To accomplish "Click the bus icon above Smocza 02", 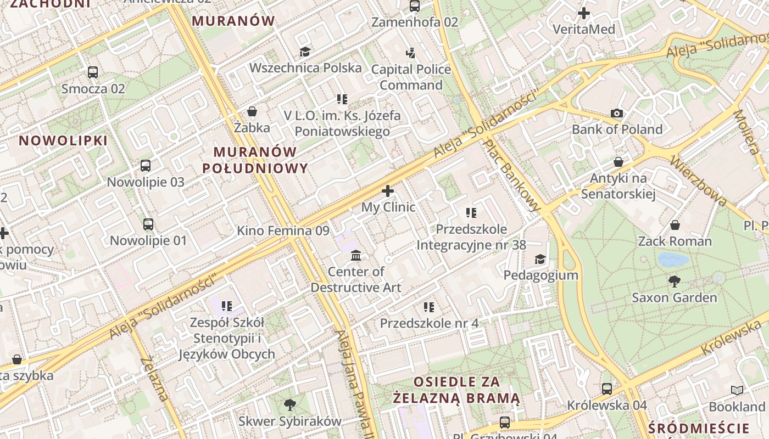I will tap(93, 72).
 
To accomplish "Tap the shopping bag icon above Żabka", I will tap(252, 112).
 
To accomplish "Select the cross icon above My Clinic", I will tap(388, 191).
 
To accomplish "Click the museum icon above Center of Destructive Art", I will tap(356, 255).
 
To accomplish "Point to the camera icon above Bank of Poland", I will tap(617, 114).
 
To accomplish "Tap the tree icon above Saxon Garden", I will tap(675, 282).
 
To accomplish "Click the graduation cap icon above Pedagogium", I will tap(540, 259).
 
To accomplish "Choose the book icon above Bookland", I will tap(737, 390).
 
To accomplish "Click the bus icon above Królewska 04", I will tap(607, 389).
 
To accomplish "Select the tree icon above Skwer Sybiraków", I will tap(289, 405).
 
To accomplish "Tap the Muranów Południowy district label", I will tap(255, 160).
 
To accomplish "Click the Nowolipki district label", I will tap(63, 140).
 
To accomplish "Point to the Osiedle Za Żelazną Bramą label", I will tap(456, 390).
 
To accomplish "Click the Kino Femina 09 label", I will tap(283, 230).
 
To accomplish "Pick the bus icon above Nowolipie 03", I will tap(146, 166).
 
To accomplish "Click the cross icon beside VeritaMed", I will tap(584, 13).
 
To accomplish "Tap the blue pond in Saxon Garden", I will tap(673, 259).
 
